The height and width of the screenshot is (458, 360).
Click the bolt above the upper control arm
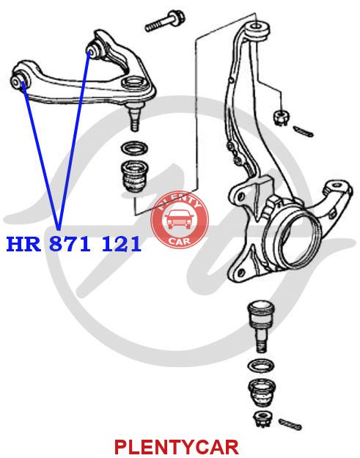[x=164, y=21]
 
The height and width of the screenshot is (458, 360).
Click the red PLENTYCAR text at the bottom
[x=176, y=447]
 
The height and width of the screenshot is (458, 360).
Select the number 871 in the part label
[x=70, y=244]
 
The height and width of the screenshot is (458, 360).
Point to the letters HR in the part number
[x=23, y=244]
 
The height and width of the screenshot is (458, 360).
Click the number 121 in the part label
[x=121, y=244]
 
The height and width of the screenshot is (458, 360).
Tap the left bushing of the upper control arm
[x=19, y=80]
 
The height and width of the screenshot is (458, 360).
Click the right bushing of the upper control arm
[x=95, y=50]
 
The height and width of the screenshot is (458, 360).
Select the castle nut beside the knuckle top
[x=281, y=117]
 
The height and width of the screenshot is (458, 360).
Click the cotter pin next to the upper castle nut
[x=304, y=131]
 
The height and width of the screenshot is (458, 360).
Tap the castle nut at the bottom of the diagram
[x=262, y=419]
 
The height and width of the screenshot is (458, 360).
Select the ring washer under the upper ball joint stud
[x=134, y=149]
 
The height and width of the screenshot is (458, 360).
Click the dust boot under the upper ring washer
[x=134, y=177]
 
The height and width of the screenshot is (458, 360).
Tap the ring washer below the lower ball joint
[x=260, y=365]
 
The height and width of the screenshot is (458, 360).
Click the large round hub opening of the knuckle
[x=300, y=239]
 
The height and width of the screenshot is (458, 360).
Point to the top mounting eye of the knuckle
[x=258, y=29]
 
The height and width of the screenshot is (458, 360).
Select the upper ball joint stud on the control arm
[x=134, y=117]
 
